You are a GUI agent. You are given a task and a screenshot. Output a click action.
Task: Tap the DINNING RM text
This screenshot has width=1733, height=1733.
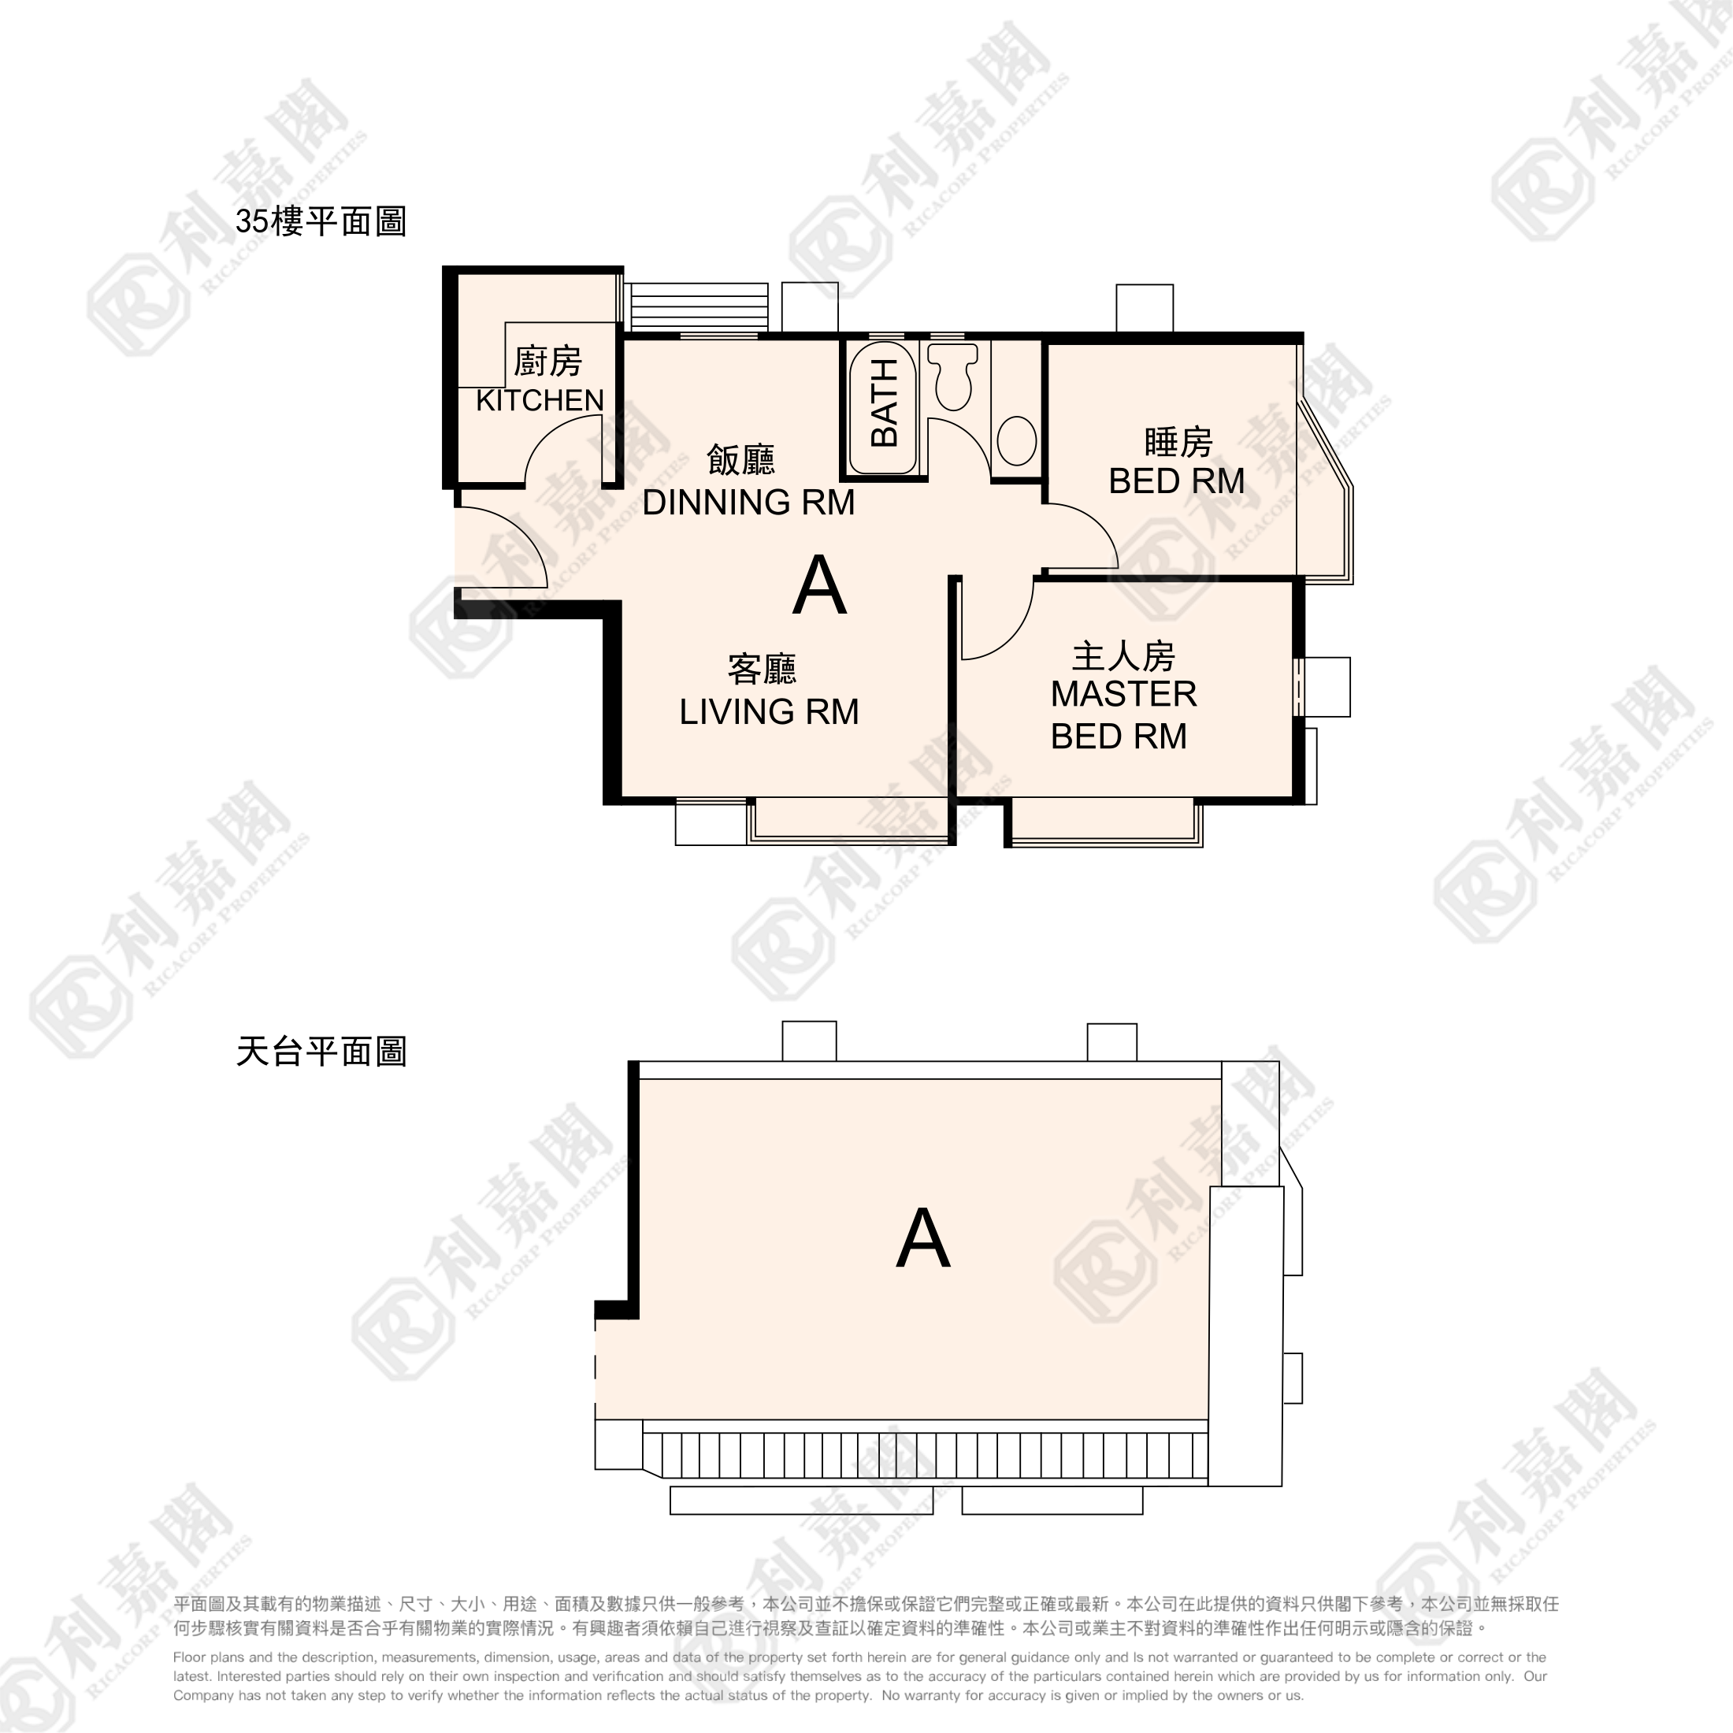(748, 503)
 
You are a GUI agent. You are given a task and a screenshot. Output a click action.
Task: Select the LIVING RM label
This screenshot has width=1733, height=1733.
(769, 712)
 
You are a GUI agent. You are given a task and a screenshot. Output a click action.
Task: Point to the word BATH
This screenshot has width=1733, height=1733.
(885, 402)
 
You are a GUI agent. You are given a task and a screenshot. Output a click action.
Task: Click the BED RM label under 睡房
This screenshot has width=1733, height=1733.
(1176, 481)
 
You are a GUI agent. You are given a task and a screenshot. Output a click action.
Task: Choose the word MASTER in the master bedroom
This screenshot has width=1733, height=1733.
(1123, 694)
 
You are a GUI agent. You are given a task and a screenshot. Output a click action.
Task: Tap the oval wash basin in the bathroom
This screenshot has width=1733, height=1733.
(1016, 440)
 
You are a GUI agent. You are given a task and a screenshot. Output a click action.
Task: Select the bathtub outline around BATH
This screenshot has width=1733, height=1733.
(882, 406)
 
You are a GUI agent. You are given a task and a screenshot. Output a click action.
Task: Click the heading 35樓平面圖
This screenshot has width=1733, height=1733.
(321, 221)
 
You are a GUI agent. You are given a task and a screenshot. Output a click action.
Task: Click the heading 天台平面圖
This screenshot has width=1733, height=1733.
(321, 1052)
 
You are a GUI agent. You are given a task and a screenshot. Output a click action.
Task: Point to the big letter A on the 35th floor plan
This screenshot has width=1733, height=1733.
(819, 586)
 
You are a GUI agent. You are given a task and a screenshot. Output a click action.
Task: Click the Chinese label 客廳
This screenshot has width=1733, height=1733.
(762, 669)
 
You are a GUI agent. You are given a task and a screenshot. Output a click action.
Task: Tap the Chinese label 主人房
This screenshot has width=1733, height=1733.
(1123, 657)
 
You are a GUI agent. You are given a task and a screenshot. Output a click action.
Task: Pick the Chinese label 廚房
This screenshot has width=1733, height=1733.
(547, 362)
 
